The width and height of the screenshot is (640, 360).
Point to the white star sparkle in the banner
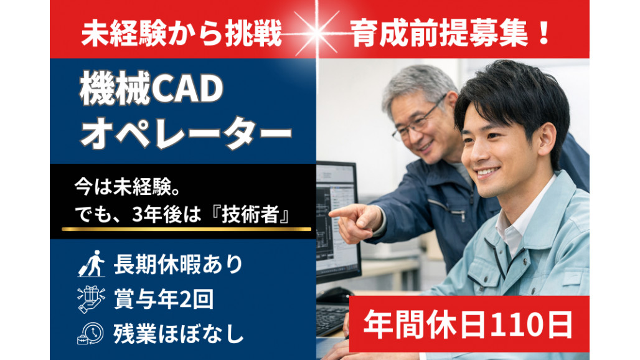(x=316, y=33)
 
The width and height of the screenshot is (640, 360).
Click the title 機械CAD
(x=151, y=88)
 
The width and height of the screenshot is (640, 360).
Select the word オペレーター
(x=186, y=132)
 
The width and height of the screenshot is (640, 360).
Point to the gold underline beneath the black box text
(x=186, y=229)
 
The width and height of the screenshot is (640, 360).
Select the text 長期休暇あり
(x=178, y=265)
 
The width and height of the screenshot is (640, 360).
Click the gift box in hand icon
(x=91, y=299)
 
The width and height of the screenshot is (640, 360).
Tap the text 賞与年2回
(x=163, y=299)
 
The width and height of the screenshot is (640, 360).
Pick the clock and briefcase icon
(x=91, y=333)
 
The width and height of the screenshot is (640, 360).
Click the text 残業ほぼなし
(x=179, y=333)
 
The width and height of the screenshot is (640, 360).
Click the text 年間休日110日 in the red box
(x=468, y=324)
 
